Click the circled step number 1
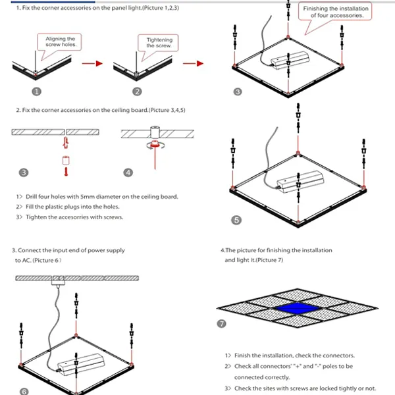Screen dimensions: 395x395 click(x=37, y=92)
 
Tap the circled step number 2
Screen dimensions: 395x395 click(x=136, y=92)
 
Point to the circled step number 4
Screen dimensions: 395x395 click(x=128, y=172)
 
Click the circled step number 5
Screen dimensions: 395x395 click(x=236, y=220)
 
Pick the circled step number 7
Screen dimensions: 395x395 click(x=222, y=323)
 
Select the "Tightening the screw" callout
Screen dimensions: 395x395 click(x=159, y=43)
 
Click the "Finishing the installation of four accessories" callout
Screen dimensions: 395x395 click(x=336, y=12)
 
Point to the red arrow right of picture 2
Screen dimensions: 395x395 click(x=192, y=64)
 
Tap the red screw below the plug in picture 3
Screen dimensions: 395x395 click(x=65, y=172)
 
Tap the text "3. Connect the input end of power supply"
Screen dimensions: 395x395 click(x=68, y=250)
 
